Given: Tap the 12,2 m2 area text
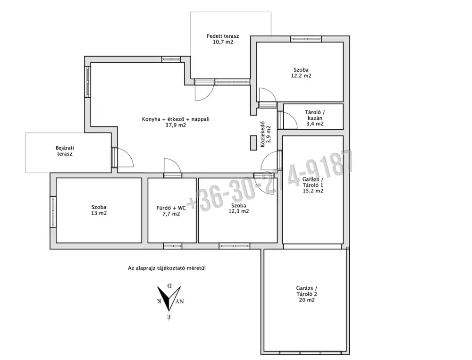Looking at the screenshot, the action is point(301,76).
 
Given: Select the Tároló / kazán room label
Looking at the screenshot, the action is point(315,118).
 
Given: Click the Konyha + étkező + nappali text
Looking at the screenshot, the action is point(176,119).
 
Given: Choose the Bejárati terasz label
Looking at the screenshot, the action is point(65,151).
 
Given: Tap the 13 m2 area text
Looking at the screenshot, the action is point(99,213).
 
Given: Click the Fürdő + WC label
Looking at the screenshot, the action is point(171,208).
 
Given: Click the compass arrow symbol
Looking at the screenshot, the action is point(169,298).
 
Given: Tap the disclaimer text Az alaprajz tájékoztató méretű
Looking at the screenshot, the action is point(167,268).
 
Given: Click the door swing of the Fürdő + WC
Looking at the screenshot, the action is point(172,166).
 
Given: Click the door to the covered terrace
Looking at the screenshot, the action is point(204,90).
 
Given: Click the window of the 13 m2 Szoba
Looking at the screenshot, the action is point(53,212).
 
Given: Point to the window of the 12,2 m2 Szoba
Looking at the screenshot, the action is point(306,39).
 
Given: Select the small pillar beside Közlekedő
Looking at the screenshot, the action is point(253,143).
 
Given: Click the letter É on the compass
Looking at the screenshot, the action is point(169,317).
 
